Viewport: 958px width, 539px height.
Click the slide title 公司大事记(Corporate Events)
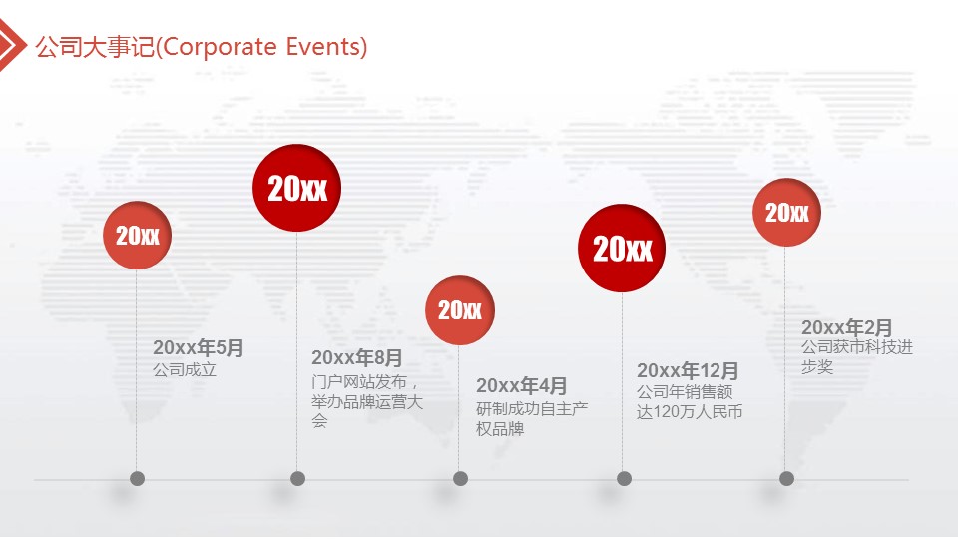(x=201, y=47)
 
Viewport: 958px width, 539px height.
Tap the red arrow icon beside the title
(x=12, y=45)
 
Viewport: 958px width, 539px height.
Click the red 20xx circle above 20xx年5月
(x=137, y=236)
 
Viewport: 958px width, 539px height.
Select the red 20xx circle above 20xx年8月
(x=297, y=188)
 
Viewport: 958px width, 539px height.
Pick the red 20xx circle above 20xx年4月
(x=460, y=310)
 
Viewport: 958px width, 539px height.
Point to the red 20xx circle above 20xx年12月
(x=622, y=249)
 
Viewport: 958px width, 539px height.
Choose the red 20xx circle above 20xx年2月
(x=786, y=212)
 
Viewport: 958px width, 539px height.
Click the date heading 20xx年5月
(x=198, y=347)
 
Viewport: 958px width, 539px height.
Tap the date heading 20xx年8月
(x=357, y=357)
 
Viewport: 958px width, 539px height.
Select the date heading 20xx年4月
(x=521, y=385)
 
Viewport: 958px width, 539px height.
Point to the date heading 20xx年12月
(x=688, y=370)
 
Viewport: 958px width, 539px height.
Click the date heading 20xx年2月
(x=847, y=327)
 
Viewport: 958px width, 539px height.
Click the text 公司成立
(x=185, y=369)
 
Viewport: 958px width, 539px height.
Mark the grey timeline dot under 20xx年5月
(x=137, y=478)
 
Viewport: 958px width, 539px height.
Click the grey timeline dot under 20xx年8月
(x=297, y=478)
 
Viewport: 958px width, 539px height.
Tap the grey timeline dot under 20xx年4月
(x=461, y=478)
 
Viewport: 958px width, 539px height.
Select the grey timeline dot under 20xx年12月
(x=624, y=478)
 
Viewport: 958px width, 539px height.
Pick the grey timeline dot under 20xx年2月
(x=787, y=478)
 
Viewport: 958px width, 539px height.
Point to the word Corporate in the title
(x=220, y=48)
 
